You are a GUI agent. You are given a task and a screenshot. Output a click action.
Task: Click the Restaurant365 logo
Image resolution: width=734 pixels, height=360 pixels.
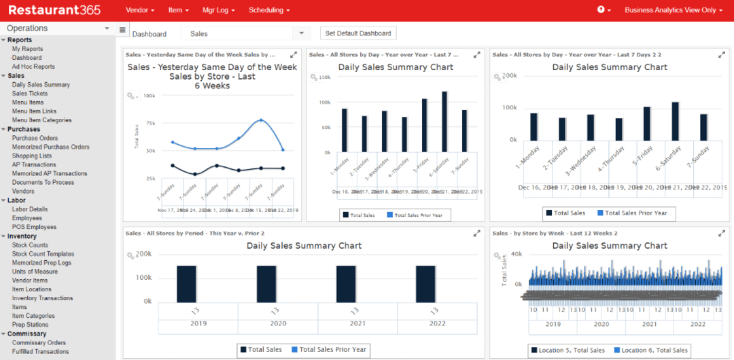pos(54,10)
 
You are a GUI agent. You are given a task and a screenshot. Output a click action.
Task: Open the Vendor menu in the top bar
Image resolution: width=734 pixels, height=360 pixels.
pos(140,10)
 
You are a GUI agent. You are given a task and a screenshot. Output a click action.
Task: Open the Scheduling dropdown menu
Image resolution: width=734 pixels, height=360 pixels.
pos(269,10)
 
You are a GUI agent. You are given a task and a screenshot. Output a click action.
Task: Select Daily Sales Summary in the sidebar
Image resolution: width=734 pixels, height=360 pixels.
pos(41,85)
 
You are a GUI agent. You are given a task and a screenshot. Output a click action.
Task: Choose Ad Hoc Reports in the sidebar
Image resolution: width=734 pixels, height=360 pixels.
pos(33,67)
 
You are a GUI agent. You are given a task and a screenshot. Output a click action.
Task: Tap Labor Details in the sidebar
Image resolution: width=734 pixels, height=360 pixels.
pos(30,209)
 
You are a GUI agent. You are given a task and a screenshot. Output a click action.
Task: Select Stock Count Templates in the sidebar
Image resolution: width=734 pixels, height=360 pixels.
pos(43,254)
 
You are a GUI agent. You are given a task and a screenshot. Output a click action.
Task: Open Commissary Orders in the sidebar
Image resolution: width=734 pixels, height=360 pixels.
pos(39,343)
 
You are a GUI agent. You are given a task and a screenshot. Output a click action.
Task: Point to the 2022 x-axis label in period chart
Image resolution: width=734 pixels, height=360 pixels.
pos(437,324)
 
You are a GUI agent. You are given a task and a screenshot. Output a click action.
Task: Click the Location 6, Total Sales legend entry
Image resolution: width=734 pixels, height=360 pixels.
pos(651,350)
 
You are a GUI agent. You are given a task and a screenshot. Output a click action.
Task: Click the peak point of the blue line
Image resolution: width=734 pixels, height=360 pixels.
pos(261,120)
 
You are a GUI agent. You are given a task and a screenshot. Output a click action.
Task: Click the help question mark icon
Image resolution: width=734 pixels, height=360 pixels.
pos(601,10)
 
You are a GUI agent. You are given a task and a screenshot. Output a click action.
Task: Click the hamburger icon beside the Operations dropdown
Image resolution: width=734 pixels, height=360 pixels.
pos(122,29)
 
